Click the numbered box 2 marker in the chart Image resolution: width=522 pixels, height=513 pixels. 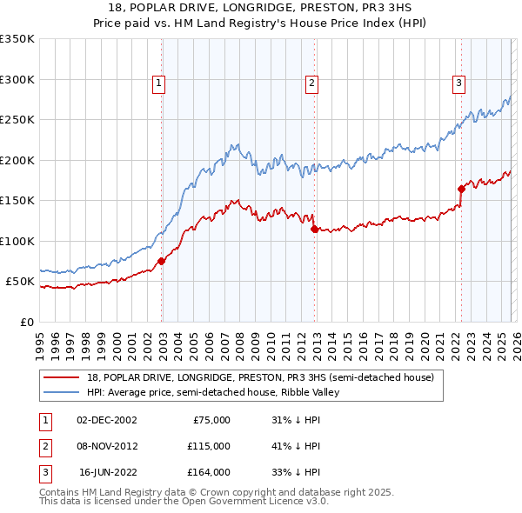tap(311, 83)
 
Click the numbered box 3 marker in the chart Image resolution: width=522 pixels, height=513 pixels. tap(458, 83)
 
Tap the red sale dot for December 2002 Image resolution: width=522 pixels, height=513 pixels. tap(162, 261)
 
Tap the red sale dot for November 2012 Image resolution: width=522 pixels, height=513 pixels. tap(314, 229)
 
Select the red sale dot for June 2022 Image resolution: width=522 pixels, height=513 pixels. tap(461, 189)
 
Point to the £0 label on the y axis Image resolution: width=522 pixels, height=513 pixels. tap(27, 322)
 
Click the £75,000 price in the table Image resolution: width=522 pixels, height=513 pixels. tap(210, 420)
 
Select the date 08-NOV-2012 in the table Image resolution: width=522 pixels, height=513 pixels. tap(107, 446)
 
